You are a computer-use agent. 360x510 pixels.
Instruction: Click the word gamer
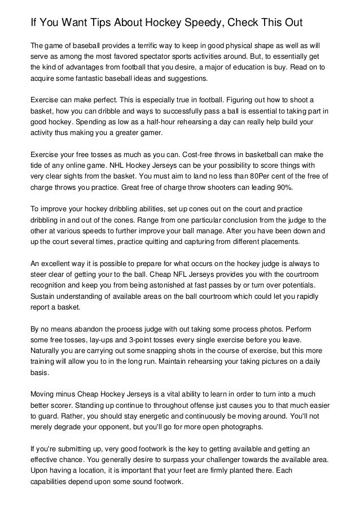147,133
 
